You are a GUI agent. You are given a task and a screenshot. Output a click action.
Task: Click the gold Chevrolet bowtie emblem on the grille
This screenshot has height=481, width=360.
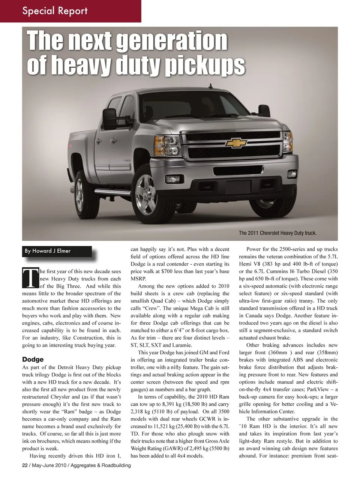tap(236, 143)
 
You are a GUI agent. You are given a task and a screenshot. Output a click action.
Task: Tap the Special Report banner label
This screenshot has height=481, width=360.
tap(55, 10)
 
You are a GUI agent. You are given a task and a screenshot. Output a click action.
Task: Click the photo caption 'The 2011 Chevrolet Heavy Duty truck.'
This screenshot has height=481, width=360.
tap(277, 233)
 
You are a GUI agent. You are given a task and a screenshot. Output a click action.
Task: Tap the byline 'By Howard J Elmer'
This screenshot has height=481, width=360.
tap(48, 251)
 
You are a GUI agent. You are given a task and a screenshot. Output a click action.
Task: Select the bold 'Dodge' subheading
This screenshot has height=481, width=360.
tap(33, 360)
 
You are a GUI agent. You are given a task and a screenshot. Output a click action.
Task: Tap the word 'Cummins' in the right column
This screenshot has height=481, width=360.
tap(287, 271)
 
